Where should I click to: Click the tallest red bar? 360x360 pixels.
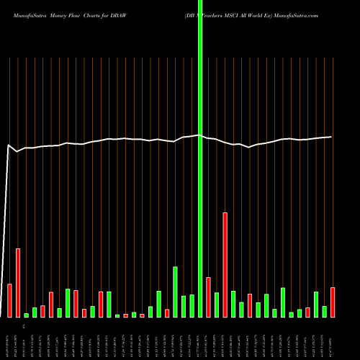coord(225,264)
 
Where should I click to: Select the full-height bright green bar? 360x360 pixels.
coord(199,158)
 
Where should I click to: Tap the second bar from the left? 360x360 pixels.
coord(18,282)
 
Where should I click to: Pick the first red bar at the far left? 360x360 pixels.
coord(9,300)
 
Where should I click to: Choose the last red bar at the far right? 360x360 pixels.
coord(333,302)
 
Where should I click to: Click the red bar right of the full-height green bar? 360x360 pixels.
coord(208,297)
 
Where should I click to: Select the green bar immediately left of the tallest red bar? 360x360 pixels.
coord(217,305)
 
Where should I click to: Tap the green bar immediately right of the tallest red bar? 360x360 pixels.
coord(233,304)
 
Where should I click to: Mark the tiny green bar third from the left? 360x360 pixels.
coord(27,315)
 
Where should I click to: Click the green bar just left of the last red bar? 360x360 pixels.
coord(325,312)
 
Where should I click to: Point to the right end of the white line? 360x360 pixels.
coord(331,137)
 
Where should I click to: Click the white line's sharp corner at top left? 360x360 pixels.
coord(9,145)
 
